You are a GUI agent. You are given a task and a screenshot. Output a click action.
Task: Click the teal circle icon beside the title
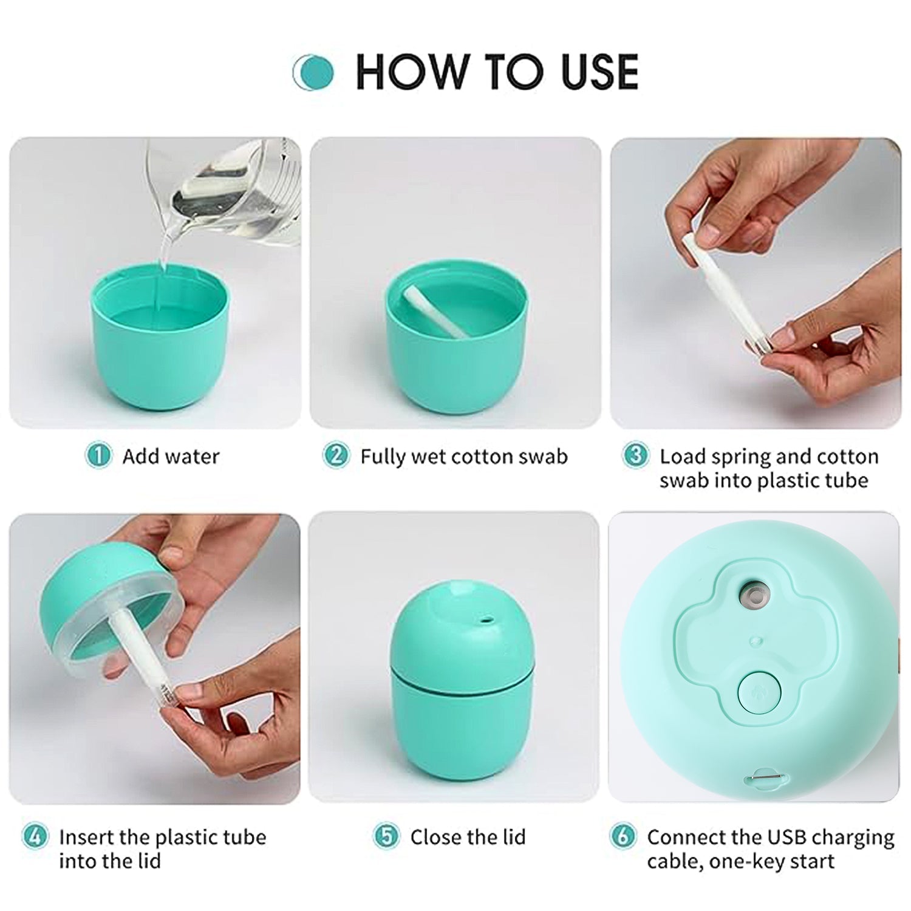point(313,72)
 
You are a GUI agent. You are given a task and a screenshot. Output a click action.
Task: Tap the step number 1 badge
point(98,455)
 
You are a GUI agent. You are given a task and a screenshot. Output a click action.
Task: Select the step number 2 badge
point(336,455)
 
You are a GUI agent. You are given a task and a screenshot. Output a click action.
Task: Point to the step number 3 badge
point(635,455)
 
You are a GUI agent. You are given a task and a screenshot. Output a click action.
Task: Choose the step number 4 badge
point(35,836)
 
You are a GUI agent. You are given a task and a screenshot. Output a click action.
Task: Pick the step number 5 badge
point(386,836)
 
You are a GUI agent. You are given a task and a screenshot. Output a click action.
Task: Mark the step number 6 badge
point(623,836)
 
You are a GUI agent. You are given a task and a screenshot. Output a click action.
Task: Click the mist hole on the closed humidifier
point(485,621)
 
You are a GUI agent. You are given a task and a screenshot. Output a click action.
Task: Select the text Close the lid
point(468,837)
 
